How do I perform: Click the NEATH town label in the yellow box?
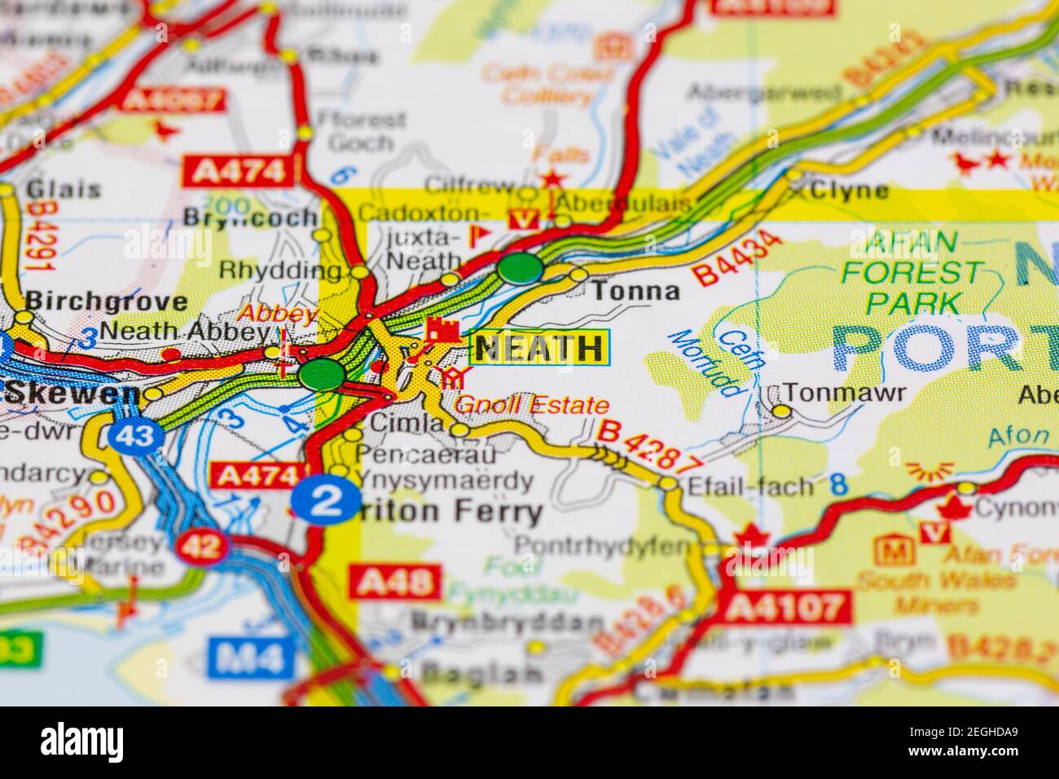[539, 349]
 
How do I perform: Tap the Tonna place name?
[635, 291]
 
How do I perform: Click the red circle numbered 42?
[201, 546]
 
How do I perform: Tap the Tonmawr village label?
[847, 394]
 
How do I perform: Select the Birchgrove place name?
[106, 301]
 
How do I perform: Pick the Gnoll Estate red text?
[531, 405]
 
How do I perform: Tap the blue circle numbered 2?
[327, 499]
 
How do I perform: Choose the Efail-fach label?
[749, 486]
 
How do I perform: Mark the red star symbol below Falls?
[553, 178]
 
